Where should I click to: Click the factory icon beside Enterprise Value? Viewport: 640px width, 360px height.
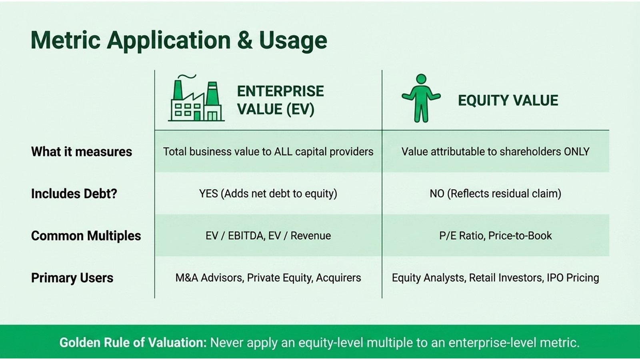pos(196,99)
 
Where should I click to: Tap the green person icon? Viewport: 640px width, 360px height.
pos(421,98)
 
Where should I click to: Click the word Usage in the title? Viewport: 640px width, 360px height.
pos(293,40)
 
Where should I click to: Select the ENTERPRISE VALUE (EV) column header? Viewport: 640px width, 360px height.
pos(280,100)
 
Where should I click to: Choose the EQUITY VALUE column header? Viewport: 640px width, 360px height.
pos(508,100)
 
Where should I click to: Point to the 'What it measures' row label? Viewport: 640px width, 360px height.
pos(82,152)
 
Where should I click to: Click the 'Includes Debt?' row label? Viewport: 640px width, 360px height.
pos(74,194)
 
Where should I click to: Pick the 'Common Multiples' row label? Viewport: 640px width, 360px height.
pos(86,236)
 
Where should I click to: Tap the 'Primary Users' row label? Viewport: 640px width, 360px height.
pos(72,278)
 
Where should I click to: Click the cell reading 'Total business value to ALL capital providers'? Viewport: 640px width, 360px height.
pos(268,152)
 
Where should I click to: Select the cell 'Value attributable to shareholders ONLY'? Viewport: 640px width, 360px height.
pos(495,152)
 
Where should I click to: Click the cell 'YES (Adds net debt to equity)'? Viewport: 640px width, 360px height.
pos(268,194)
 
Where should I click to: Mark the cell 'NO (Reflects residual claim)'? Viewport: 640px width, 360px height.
pos(495,194)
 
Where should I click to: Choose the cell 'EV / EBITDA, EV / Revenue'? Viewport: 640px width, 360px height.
pos(268,236)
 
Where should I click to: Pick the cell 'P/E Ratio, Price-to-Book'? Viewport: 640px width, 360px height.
pos(495,236)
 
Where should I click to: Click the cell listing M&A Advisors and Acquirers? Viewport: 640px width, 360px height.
pos(268,278)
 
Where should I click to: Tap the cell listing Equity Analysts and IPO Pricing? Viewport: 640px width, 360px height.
pos(495,278)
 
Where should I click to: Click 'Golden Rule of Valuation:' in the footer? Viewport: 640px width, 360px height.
pos(133,342)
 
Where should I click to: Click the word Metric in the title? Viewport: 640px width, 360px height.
pos(65,40)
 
